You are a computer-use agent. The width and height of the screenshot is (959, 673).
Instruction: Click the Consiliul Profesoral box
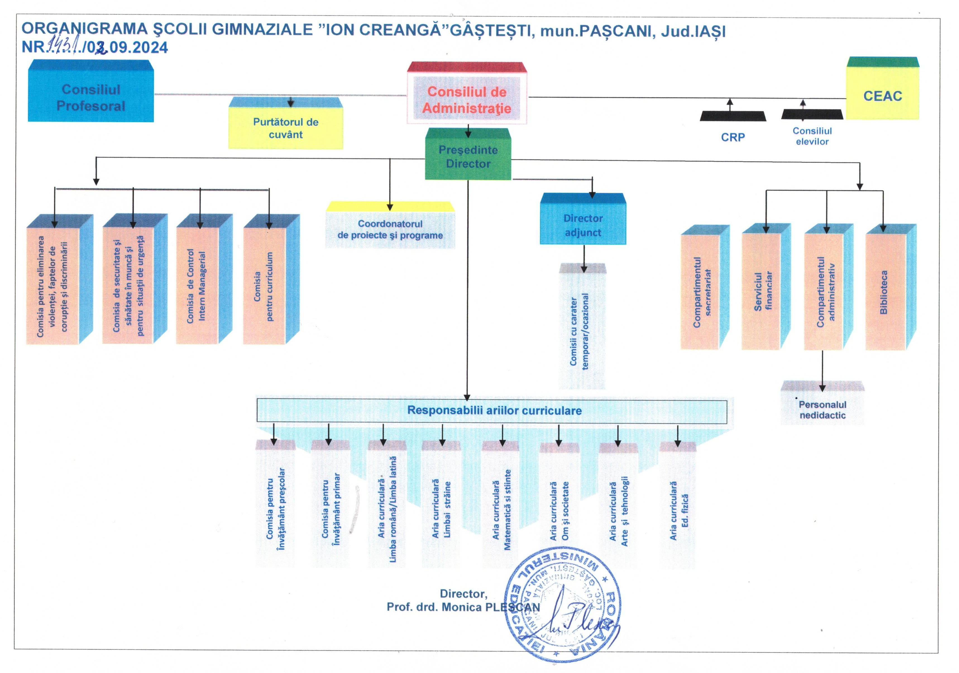click(91, 97)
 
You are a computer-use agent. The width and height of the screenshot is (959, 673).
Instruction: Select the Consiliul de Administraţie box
click(467, 100)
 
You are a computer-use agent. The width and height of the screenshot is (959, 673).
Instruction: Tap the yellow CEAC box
click(882, 96)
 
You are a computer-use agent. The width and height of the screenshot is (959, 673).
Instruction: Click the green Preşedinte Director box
click(468, 157)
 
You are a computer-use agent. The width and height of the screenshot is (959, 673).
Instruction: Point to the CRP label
click(733, 137)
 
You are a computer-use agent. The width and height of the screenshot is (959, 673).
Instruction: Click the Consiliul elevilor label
click(812, 136)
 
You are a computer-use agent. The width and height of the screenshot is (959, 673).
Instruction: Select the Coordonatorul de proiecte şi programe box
click(390, 229)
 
